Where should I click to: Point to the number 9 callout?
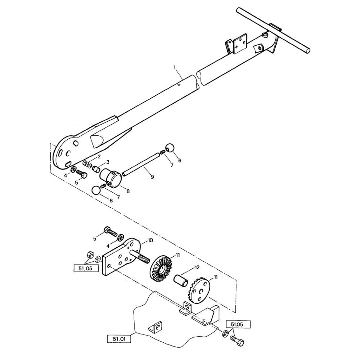[152, 177]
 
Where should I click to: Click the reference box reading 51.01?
[118, 338]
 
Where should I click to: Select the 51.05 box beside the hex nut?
[86, 268]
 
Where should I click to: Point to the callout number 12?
[197, 267]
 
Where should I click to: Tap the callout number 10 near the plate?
[150, 240]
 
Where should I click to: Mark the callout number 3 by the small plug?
[108, 162]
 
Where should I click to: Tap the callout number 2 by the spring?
[99, 156]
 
